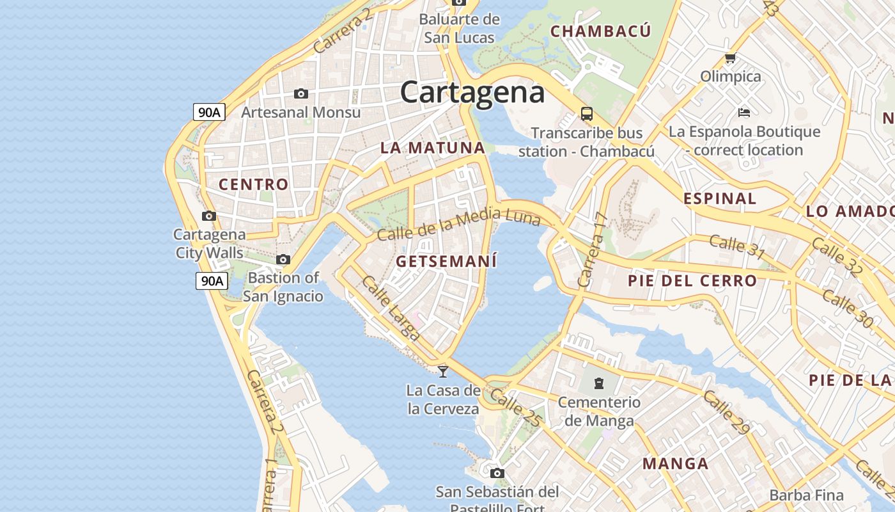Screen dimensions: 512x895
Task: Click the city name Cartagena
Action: (472, 92)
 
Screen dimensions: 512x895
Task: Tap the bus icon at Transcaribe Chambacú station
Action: (586, 114)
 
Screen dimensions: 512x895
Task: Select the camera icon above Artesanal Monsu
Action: (300, 94)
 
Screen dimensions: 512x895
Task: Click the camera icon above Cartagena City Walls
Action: (209, 216)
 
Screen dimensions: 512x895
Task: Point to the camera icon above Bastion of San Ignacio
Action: (283, 259)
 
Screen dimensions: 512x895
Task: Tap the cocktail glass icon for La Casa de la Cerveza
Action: (442, 371)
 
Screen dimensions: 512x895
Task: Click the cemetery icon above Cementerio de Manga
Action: (598, 383)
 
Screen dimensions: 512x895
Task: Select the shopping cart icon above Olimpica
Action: (730, 58)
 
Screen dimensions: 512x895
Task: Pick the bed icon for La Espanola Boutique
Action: (743, 113)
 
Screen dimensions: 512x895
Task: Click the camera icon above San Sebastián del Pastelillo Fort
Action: (497, 473)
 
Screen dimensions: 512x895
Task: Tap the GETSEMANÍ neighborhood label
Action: (446, 261)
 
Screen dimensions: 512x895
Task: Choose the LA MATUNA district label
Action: (433, 148)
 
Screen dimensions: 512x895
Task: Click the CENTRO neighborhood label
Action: (254, 184)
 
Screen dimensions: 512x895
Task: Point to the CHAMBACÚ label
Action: (600, 31)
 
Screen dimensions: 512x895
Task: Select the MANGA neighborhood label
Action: (675, 463)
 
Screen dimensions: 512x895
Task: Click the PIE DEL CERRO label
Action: (692, 280)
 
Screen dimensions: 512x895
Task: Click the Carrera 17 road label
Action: (591, 250)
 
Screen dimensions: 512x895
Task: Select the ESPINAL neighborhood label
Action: (720, 198)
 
